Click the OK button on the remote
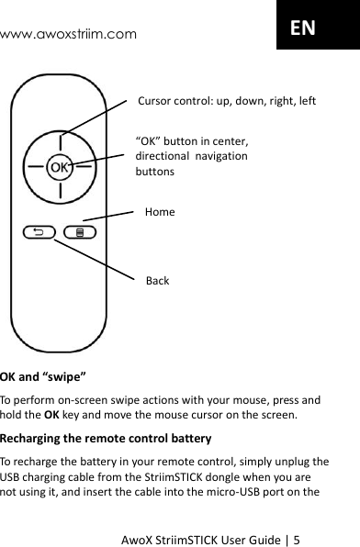pyautogui.click(x=59, y=168)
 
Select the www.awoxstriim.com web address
pyautogui.click(x=69, y=35)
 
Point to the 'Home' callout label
pyautogui.click(x=160, y=212)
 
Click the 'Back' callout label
pyautogui.click(x=157, y=280)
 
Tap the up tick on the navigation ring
pyautogui.click(x=60, y=143)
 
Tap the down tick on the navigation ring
pyautogui.click(x=60, y=192)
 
